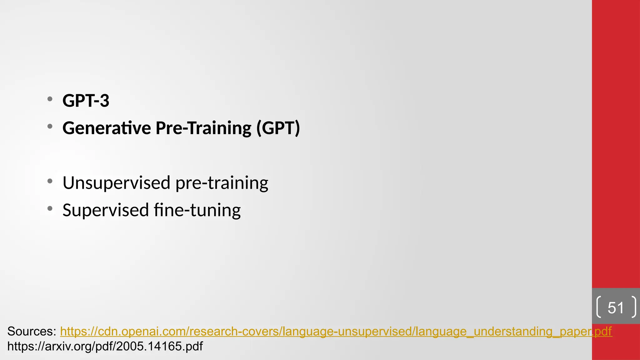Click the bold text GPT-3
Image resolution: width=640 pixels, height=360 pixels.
pos(86,101)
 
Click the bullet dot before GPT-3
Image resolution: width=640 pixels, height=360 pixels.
pos(50,99)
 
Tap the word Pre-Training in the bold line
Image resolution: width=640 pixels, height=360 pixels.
pos(203,128)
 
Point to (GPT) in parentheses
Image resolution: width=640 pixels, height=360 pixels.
pos(278,128)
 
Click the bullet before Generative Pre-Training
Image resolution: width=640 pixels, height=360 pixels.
pos(50,127)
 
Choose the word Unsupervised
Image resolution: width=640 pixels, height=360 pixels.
pos(117,183)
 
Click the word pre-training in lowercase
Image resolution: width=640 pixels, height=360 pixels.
pos(222,183)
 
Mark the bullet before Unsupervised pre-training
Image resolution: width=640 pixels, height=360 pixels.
pos(50,181)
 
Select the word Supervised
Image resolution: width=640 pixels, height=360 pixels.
pos(106,210)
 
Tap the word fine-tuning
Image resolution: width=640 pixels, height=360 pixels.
pos(197,210)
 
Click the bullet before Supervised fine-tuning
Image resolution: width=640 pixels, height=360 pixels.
pos(50,208)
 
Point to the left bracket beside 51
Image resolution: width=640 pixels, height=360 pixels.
pos(599,307)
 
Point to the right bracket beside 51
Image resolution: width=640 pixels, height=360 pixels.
pos(633,307)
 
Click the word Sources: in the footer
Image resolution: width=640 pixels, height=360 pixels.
pos(32,331)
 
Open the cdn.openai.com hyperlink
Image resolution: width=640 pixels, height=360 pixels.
pos(336,331)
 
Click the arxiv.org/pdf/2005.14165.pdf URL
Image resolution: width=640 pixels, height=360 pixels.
pos(105,346)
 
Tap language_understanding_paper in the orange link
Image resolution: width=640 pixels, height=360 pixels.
pos(528,331)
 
